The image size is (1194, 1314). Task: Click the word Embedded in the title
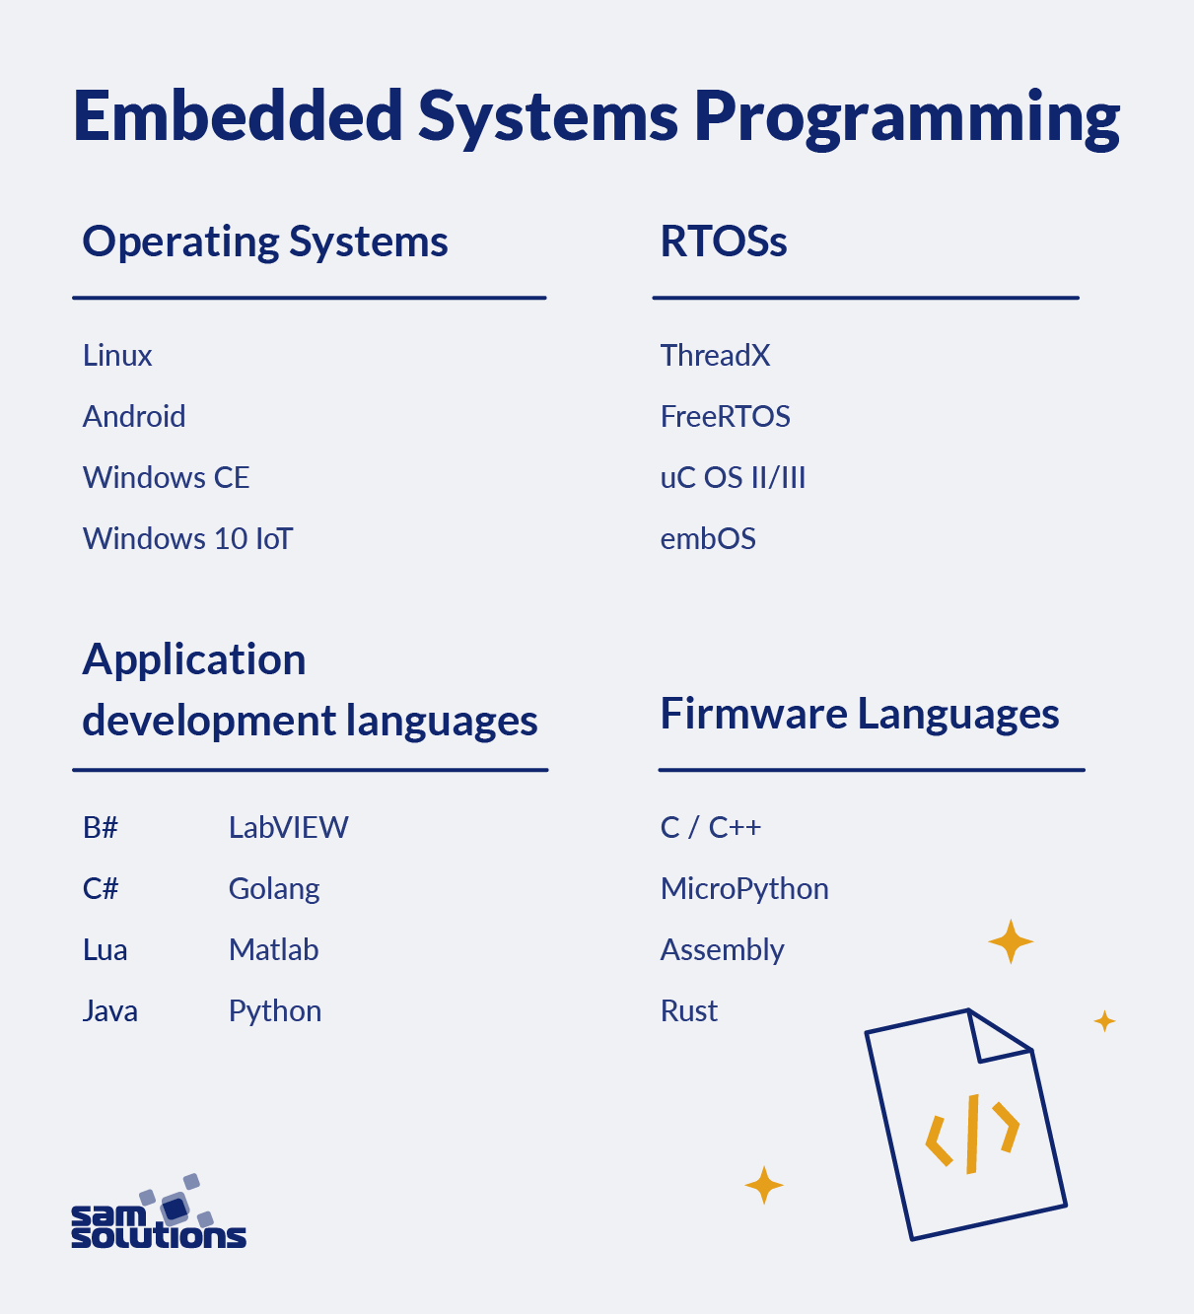[x=238, y=116]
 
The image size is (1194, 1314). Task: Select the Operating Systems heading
[x=265, y=242]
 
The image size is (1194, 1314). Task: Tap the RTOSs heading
[x=723, y=242]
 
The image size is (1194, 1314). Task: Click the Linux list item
[x=117, y=356]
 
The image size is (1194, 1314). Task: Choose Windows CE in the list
[x=166, y=478]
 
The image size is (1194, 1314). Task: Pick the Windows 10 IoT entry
[x=187, y=539]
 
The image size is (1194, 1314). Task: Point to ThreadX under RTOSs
[x=715, y=356]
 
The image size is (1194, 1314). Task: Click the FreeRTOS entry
[x=725, y=417]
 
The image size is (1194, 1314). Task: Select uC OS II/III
[x=733, y=478]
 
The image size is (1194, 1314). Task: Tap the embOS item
[x=708, y=539]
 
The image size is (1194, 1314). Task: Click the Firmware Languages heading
[x=859, y=714]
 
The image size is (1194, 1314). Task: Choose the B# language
[x=101, y=828]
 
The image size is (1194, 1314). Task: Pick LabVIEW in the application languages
[x=288, y=828]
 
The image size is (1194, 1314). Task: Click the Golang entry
[x=274, y=889]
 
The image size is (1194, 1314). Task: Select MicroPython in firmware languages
[x=743, y=889]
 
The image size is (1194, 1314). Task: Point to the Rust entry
[x=688, y=1011]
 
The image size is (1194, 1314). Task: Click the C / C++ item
[x=710, y=828]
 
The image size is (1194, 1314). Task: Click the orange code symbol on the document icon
[x=972, y=1133]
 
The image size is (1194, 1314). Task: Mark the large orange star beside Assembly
[x=1011, y=941]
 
